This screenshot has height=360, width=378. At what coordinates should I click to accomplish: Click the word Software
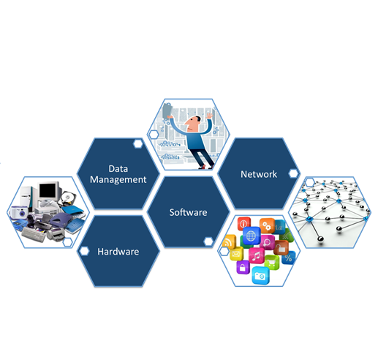188,212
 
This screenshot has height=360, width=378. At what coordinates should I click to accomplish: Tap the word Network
259,174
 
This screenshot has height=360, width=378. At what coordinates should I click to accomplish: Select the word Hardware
118,252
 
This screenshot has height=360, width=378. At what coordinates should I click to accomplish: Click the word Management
118,180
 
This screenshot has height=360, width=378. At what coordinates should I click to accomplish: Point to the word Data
118,169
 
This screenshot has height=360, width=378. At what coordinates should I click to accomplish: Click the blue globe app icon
252,236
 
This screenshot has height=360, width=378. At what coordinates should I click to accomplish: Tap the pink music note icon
256,255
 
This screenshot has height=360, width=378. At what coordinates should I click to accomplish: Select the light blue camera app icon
260,275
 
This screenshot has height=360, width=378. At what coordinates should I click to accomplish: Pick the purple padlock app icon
243,267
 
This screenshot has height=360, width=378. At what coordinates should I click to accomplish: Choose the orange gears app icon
267,225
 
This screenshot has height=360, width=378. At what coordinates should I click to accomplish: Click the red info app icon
244,223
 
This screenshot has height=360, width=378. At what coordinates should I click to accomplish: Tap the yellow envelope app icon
236,253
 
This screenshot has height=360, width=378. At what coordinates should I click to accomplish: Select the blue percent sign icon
289,258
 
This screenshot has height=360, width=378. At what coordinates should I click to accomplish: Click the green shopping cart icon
272,263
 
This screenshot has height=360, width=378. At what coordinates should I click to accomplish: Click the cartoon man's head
193,124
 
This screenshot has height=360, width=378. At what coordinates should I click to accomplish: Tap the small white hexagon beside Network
293,173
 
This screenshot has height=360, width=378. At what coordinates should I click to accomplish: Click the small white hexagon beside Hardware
84,251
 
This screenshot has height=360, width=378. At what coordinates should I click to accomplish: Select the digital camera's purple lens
23,214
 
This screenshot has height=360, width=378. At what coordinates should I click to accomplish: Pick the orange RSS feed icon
229,241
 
